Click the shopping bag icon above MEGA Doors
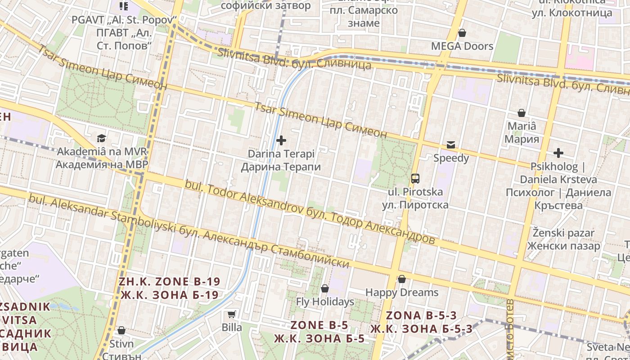pyautogui.click(x=462, y=33)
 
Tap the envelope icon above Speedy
pyautogui.click(x=450, y=145)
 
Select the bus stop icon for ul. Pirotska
pyautogui.click(x=415, y=179)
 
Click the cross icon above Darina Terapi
pyautogui.click(x=281, y=140)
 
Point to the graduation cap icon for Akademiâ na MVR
pyautogui.click(x=101, y=138)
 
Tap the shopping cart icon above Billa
pyautogui.click(x=232, y=314)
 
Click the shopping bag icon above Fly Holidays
pyautogui.click(x=325, y=288)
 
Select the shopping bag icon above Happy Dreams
pyautogui.click(x=402, y=279)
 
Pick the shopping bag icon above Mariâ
pyautogui.click(x=522, y=113)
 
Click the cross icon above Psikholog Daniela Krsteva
pyautogui.click(x=558, y=153)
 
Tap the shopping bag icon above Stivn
pyautogui.click(x=121, y=331)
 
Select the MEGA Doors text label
pyautogui.click(x=462, y=46)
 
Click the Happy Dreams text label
pyautogui.click(x=402, y=292)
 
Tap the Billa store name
pyautogui.click(x=232, y=327)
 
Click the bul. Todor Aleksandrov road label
pyautogui.click(x=310, y=212)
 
